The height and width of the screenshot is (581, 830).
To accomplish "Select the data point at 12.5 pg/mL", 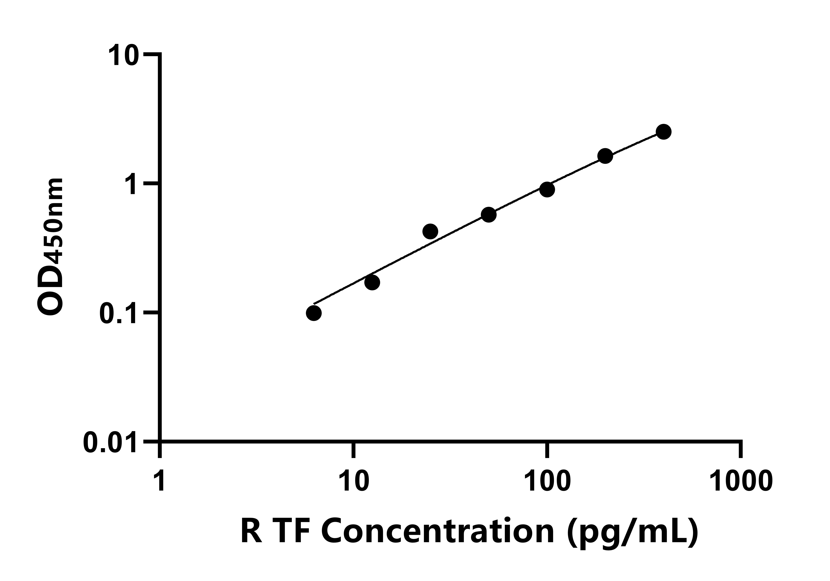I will [372, 282].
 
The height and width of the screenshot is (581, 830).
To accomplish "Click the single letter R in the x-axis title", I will [251, 531].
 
